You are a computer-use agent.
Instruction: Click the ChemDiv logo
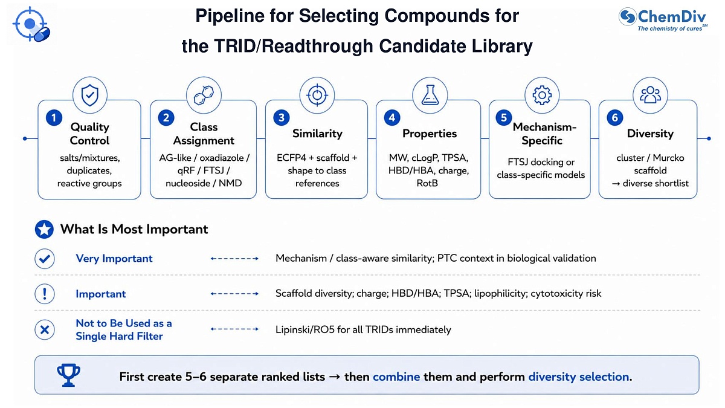(662, 19)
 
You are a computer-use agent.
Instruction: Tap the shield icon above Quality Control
(90, 96)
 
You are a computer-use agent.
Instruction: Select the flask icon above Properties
(430, 95)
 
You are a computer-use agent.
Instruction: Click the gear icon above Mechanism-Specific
(542, 96)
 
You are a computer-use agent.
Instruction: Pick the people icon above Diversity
(650, 95)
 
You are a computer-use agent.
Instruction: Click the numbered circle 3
(282, 117)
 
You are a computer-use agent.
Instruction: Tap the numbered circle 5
(504, 117)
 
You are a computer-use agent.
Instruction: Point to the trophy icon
(69, 375)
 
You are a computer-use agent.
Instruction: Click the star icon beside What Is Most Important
(44, 229)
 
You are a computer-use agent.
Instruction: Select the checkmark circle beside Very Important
(45, 259)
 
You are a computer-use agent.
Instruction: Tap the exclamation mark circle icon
(45, 294)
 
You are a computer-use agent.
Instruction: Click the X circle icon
(45, 329)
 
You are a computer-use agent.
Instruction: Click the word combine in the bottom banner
(396, 377)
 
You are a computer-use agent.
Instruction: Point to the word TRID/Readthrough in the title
(294, 46)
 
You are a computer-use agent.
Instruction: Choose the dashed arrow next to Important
(234, 294)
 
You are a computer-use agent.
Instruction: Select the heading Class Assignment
(204, 134)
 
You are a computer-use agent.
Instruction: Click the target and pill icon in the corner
(31, 24)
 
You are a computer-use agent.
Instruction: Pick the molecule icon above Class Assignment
(204, 96)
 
